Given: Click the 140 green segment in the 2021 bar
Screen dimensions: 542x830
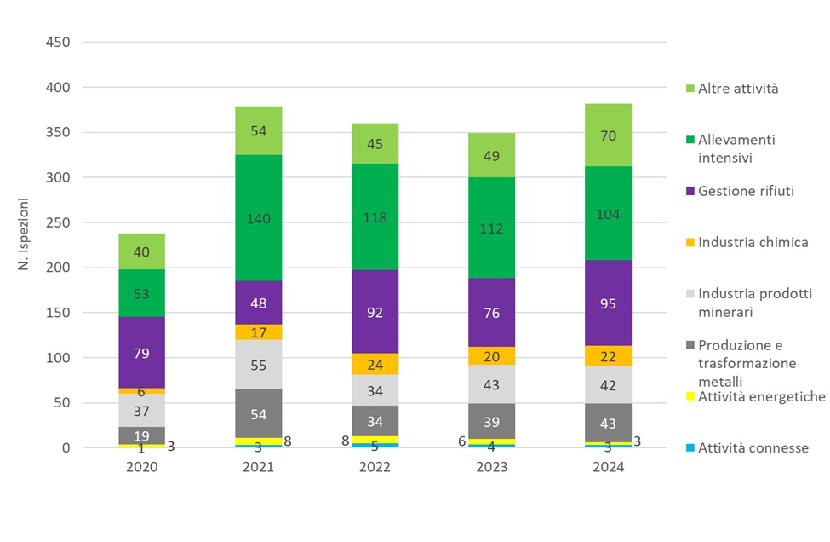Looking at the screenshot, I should (258, 218).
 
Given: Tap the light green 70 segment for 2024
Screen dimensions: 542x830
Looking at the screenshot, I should (608, 135).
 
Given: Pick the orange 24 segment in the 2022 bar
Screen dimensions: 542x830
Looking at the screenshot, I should (375, 364).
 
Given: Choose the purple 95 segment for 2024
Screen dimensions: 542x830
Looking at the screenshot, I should (608, 303).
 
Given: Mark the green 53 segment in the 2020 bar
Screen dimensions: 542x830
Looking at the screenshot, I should (141, 293).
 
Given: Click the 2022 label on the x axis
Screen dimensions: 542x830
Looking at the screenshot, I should (375, 467).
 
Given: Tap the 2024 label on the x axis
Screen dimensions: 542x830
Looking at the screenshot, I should (608, 467).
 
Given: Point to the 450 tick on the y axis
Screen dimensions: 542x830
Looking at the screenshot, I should (58, 43).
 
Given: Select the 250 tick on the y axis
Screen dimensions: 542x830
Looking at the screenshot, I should (58, 222).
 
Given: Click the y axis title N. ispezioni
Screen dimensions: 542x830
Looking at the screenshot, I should (25, 244).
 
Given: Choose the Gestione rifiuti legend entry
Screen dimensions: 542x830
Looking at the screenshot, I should (746, 191).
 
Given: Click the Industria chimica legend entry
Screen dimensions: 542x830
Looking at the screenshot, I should (753, 243).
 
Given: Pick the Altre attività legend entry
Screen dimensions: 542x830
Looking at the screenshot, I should (737, 88).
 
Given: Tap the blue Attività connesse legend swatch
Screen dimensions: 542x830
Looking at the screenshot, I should (690, 448).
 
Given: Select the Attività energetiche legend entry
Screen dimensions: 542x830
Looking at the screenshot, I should (761, 396).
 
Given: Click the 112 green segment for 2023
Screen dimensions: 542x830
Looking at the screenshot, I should (491, 228).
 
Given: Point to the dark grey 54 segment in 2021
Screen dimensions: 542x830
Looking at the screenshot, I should (258, 413).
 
